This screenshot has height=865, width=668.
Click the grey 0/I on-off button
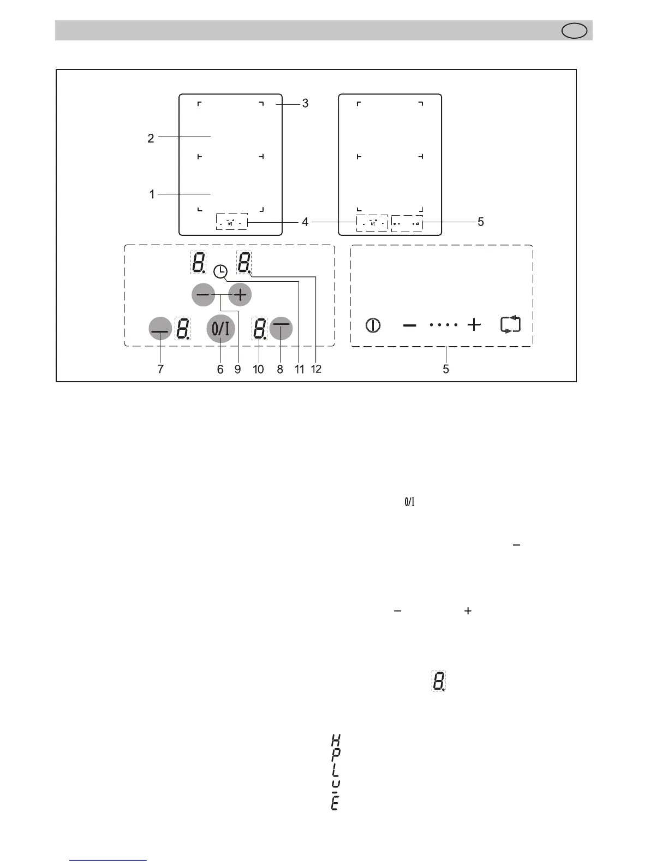220,329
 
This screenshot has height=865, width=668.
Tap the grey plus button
240,295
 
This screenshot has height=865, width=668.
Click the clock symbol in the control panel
220,271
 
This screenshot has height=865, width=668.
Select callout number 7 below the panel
160,369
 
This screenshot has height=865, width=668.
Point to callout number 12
316,369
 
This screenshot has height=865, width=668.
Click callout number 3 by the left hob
305,103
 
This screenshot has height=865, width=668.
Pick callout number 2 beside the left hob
151,138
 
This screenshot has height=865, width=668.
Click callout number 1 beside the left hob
152,194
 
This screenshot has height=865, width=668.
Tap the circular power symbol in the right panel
373,325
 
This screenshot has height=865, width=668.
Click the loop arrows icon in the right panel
510,325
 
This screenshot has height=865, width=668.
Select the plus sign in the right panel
474,325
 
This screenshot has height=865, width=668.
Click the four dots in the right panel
443,325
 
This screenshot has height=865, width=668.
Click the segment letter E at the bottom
335,804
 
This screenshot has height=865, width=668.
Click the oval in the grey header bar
575,31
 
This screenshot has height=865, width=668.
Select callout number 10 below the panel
258,369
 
